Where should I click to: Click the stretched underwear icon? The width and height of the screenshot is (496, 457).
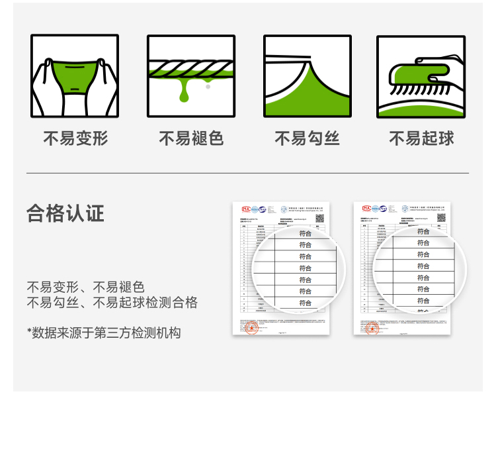pos(75,76)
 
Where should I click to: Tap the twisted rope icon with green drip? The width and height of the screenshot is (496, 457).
pos(191,76)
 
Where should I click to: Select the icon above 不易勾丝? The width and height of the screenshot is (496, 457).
pos(307,76)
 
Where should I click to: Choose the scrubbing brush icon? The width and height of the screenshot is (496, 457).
pos(421,76)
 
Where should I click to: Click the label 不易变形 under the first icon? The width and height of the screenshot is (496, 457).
pos(75,138)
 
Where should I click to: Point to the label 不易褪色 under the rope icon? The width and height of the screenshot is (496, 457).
pos(191,138)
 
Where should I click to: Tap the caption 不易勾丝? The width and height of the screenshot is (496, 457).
pos(307,138)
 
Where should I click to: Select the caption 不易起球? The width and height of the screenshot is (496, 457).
pos(422,138)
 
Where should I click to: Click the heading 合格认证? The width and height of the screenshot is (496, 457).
pos(65,213)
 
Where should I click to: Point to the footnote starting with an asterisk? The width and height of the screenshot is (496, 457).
pos(104,332)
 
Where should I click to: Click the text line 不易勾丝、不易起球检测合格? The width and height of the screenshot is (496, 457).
pos(112,303)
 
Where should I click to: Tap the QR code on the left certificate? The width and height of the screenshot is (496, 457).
pos(319,218)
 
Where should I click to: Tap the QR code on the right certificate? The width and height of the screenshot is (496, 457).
pos(441,217)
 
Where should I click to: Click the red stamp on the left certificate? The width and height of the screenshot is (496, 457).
pos(252,329)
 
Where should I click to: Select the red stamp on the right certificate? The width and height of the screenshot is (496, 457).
pos(373,328)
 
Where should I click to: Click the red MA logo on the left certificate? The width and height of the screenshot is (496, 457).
pos(246,209)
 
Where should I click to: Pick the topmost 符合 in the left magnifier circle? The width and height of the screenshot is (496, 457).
pos(305,233)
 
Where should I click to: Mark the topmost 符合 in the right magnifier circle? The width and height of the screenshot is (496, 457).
pos(423,231)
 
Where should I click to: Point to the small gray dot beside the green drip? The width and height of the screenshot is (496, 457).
pos(208,87)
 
